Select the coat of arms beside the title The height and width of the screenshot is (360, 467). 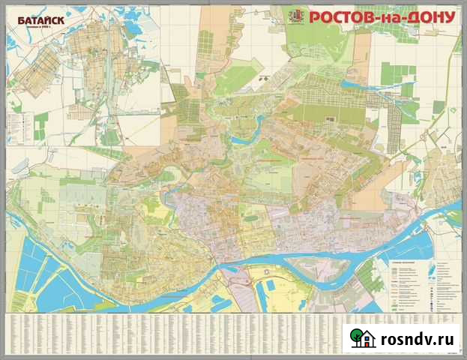pyautogui.click(x=296, y=16)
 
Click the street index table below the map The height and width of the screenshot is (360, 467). pyautogui.click(x=172, y=330)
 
